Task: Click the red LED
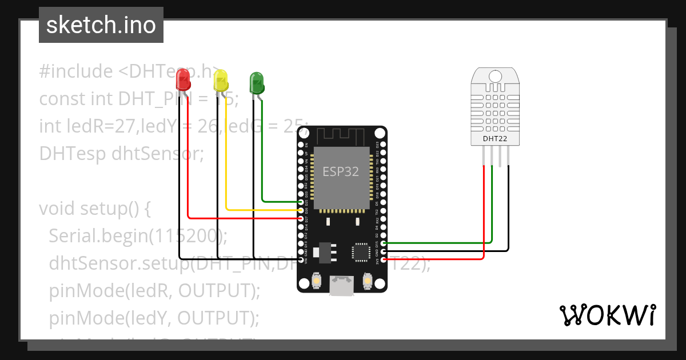tap(183, 79)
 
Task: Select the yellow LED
tap(220, 81)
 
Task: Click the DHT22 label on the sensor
tap(494, 138)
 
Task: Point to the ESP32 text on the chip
tap(341, 171)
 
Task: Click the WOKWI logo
tap(607, 315)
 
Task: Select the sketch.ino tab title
tap(101, 25)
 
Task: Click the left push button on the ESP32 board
tap(316, 282)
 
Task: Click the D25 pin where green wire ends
tap(301, 202)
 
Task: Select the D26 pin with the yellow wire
tap(301, 210)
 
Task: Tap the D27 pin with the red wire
tap(301, 218)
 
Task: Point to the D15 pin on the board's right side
tap(384, 243)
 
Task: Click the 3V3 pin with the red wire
tap(384, 259)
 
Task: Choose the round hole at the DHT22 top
tap(495, 76)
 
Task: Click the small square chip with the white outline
tap(361, 252)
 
